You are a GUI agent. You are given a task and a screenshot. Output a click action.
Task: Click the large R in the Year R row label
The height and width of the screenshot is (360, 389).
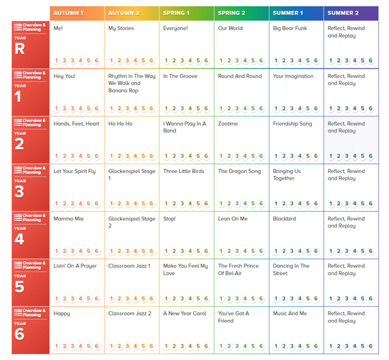click(20, 49)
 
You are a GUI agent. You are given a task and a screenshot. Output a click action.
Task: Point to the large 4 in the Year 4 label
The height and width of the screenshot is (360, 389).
click(20, 239)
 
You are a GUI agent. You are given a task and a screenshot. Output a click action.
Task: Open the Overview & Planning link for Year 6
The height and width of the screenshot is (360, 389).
click(31, 313)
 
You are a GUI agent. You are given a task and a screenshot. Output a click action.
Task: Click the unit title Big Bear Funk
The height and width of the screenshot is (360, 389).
click(290, 28)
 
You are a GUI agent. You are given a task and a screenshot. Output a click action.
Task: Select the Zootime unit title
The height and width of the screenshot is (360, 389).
click(228, 124)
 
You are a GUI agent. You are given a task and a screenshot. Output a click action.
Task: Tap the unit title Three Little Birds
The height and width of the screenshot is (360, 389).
click(183, 171)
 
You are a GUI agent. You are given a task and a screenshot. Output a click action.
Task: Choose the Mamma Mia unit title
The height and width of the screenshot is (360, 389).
click(68, 219)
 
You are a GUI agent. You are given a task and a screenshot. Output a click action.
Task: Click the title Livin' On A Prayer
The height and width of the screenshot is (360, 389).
click(75, 266)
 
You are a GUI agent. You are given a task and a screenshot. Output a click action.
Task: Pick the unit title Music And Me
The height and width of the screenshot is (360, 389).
click(290, 313)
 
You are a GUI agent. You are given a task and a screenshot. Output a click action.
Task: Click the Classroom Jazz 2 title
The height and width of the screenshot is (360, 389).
click(129, 313)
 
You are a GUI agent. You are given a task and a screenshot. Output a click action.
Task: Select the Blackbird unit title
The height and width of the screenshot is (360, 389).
click(284, 219)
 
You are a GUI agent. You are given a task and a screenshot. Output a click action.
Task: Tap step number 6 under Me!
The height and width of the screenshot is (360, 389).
click(97, 60)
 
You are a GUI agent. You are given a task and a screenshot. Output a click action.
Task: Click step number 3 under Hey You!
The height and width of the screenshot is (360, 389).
click(73, 108)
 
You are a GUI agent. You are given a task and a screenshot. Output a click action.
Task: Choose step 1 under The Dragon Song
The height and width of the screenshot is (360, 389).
click(221, 204)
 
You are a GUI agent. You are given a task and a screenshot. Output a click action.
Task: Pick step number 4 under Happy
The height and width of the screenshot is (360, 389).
click(81, 346)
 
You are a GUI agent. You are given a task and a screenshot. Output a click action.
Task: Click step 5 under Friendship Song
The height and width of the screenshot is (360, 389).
click(308, 156)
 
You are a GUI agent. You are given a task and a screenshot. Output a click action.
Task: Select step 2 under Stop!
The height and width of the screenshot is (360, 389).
click(175, 251)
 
